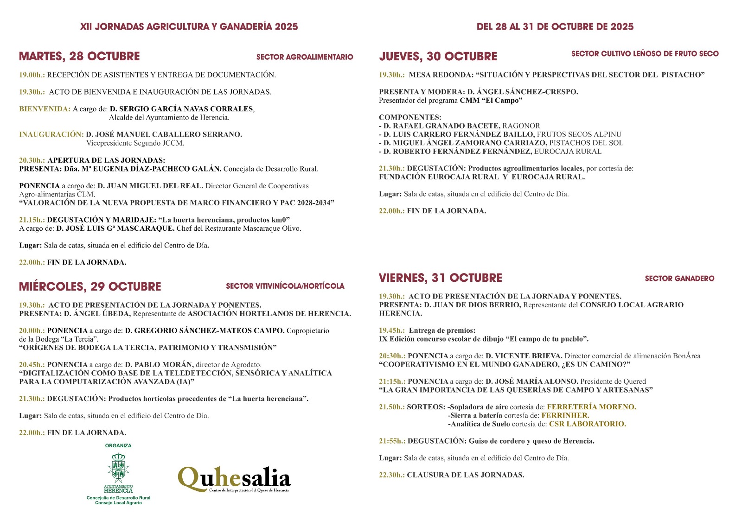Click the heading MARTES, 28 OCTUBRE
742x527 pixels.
click(x=79, y=57)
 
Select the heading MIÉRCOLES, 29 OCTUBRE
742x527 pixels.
click(x=90, y=286)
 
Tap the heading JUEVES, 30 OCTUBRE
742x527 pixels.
click(x=438, y=57)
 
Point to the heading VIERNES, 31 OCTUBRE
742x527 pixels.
click(x=441, y=278)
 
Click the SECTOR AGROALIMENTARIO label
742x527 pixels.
click(x=305, y=57)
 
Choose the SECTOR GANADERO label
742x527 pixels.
click(x=679, y=279)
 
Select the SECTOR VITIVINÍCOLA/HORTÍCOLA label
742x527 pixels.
click(x=285, y=286)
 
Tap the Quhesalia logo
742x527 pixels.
click(x=234, y=479)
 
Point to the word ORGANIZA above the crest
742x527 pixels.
click(x=118, y=446)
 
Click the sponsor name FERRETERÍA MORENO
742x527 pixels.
click(x=592, y=407)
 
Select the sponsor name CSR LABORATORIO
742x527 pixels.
click(x=588, y=424)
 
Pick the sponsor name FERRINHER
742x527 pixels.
click(x=565, y=415)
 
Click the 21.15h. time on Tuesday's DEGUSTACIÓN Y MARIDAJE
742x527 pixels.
click(x=32, y=220)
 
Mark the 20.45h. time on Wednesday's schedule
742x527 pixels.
click(x=32, y=365)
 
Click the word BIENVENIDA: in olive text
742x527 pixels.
click(x=45, y=109)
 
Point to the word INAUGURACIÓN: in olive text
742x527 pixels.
click(x=51, y=134)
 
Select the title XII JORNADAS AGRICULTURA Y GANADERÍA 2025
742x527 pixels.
click(x=189, y=27)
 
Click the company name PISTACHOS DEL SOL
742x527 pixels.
click(x=586, y=143)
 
